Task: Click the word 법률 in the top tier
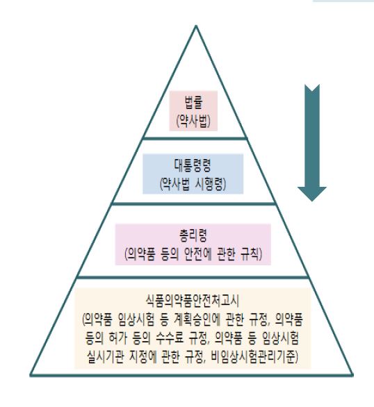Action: tap(193, 102)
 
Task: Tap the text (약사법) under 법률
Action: tap(193, 121)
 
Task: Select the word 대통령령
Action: tap(193, 165)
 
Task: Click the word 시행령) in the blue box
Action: tap(211, 184)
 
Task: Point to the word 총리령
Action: tap(193, 235)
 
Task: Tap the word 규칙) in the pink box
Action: tap(252, 254)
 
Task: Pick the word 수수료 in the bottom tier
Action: tap(170, 338)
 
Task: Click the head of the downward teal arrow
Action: tap(312, 201)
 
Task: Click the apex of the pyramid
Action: tap(196, 26)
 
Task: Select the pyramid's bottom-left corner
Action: tap(31, 375)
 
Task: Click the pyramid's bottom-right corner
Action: tap(352, 375)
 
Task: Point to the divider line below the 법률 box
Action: tap(195, 138)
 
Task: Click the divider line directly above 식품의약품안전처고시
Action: tap(193, 278)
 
